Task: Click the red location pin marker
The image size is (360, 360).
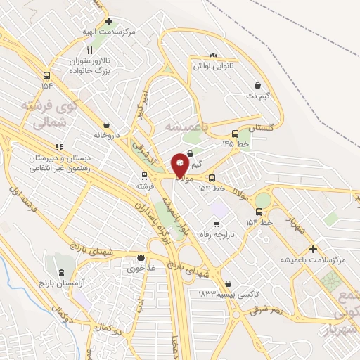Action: (x=180, y=165)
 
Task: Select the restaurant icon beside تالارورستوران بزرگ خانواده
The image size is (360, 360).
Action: (x=89, y=51)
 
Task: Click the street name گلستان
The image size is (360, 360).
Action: (x=261, y=128)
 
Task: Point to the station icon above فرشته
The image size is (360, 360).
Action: (x=143, y=175)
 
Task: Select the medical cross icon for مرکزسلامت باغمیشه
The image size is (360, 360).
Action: (x=313, y=249)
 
